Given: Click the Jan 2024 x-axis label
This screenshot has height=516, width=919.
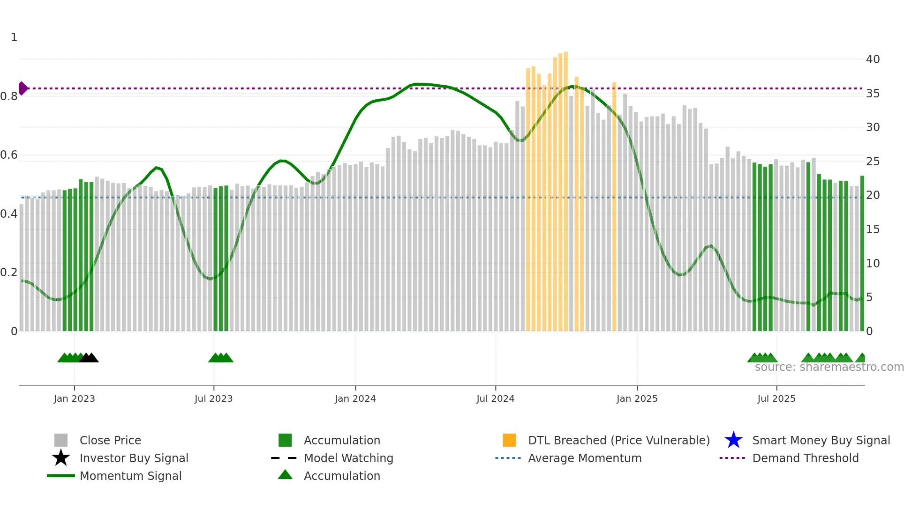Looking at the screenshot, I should point(355,398).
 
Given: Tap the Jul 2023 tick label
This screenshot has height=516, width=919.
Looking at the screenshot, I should point(213,398).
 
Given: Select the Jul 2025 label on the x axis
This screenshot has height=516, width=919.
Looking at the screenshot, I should point(776,398).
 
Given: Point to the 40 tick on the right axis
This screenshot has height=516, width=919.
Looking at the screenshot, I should point(873,59).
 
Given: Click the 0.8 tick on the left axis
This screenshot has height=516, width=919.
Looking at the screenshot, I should point(9,96).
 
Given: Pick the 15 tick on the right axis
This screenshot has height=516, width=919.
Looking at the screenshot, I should point(873,229).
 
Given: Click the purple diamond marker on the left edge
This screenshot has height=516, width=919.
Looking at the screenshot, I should point(23,88).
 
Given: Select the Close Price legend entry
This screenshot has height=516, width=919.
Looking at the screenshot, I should point(110,440).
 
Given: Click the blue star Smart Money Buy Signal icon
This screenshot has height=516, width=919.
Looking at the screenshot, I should point(733,440).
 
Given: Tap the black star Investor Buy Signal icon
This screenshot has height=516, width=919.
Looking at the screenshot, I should point(61,458).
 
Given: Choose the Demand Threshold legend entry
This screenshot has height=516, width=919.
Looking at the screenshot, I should point(805,458).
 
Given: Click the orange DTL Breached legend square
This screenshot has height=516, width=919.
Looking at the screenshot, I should point(509,440).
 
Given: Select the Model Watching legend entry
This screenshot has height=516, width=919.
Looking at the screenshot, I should point(348,458).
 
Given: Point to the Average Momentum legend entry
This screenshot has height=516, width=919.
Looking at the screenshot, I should point(584,458).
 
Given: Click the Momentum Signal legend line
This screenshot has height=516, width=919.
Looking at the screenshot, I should point(61,476).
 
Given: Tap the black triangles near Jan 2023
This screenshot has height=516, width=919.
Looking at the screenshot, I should point(89,358).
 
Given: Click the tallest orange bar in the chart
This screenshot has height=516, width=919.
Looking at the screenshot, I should point(566,187).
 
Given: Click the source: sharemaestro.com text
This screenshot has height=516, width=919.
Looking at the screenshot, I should point(829,367).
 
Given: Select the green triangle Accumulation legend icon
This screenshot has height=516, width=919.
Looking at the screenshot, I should point(285,475).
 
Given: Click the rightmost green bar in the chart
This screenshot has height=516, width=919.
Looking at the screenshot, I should point(862,253).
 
